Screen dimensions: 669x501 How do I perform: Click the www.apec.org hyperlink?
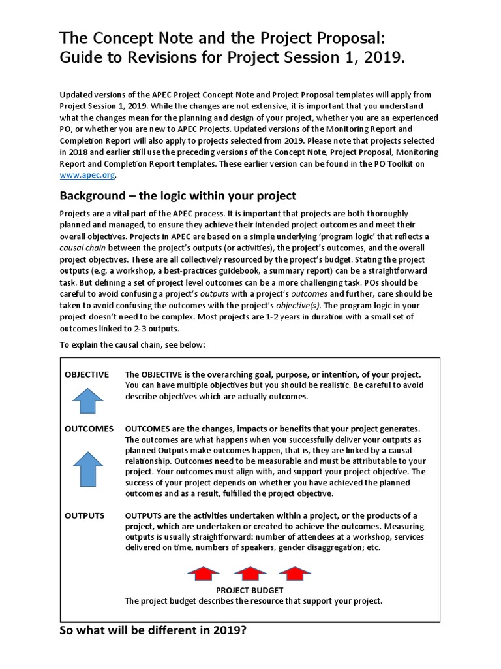tap(88, 175)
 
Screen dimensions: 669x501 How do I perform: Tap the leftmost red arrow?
tap(203, 574)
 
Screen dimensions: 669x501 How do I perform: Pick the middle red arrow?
tap(250, 574)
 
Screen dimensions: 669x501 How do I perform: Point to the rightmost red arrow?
tap(294, 574)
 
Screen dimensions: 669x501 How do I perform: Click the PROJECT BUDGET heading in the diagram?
tap(249, 591)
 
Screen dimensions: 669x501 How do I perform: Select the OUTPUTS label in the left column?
tap(84, 515)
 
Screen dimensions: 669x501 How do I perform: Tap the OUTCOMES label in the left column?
tap(89, 429)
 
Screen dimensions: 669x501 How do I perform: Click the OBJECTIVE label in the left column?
tap(87, 374)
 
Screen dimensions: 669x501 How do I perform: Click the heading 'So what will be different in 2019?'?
tap(153, 632)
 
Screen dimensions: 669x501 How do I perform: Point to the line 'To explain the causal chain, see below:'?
tap(132, 345)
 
